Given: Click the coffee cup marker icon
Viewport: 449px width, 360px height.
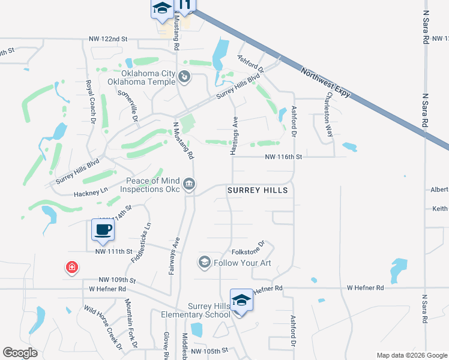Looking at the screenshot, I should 103,229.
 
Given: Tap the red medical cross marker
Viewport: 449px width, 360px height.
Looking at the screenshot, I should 71,266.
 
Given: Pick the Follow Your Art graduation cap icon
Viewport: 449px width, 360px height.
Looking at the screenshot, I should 204,262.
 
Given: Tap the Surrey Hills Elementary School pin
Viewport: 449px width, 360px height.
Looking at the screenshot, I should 241,300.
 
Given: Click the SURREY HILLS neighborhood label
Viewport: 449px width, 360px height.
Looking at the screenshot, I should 258,190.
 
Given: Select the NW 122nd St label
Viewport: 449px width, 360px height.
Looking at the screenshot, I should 108,38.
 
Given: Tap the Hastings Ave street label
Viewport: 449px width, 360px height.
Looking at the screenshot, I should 234,136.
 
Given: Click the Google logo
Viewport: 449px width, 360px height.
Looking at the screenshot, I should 20,353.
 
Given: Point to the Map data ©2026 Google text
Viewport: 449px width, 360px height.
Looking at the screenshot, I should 411,355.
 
